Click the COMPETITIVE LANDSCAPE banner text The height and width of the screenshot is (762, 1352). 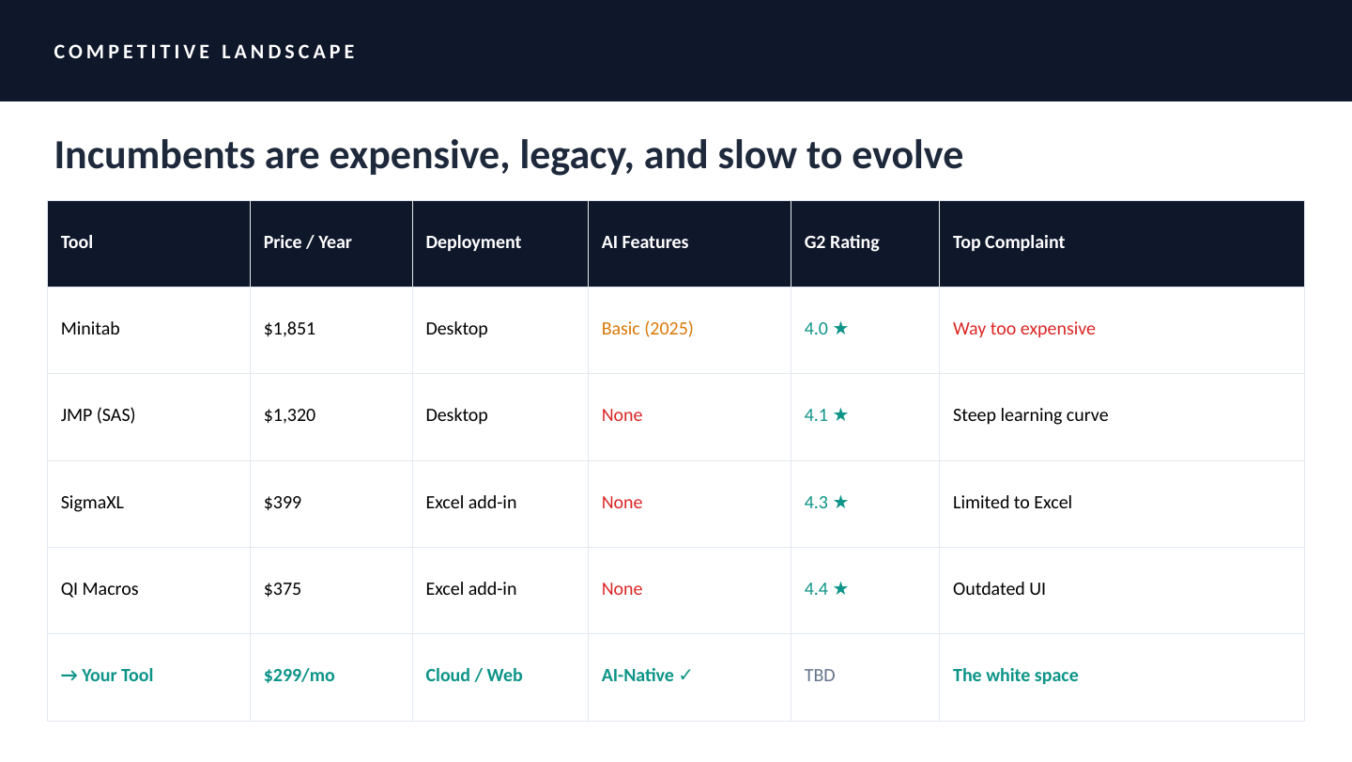pos(205,52)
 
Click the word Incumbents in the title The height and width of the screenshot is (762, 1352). pos(155,155)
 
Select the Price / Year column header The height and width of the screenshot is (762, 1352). pos(307,242)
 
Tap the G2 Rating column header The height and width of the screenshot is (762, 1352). pos(841,242)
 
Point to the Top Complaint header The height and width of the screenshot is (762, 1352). pos(1008,242)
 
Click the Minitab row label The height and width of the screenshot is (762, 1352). pos(90,329)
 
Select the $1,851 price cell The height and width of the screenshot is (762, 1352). pos(289,329)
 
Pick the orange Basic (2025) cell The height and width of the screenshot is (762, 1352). pos(647,329)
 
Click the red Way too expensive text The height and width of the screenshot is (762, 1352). pos(1023,329)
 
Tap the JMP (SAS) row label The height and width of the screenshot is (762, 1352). pos(98,414)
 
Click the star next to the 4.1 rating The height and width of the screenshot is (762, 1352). pos(841,414)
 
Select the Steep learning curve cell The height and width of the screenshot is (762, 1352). pos(1030,414)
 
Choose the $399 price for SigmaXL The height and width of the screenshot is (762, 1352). pos(282,503)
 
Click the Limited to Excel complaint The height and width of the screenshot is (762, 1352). pos(1012,503)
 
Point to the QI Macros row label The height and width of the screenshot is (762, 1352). pos(100,589)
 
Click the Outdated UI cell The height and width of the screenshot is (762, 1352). pos(999,589)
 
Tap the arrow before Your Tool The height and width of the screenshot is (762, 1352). pos(69,676)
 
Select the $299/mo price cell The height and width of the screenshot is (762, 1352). pos(299,675)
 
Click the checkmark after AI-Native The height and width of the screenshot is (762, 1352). pos(685,675)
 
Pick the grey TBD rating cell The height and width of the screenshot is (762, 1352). pos(819,675)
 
